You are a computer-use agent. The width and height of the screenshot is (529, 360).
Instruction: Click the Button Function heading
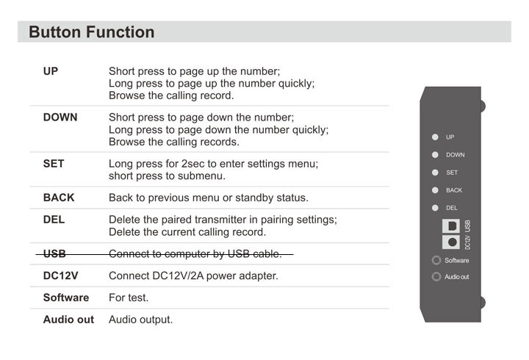tap(91, 32)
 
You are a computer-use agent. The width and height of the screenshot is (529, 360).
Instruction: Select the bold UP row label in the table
tap(51, 71)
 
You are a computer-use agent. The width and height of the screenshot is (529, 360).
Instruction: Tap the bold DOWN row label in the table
tap(60, 118)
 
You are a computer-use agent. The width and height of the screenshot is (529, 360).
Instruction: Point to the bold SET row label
tap(54, 164)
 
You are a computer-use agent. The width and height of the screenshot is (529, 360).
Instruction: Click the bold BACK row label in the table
tap(59, 198)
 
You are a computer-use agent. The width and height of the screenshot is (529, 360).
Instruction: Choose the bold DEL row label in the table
tap(54, 220)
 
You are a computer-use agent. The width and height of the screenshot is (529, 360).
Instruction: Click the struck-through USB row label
tap(54, 253)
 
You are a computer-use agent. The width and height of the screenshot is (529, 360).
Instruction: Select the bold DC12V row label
tap(61, 276)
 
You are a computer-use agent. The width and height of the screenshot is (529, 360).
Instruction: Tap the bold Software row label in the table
tap(66, 298)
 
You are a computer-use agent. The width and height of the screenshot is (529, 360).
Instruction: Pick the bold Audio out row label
tap(68, 320)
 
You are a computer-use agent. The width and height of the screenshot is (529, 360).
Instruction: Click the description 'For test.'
tap(129, 298)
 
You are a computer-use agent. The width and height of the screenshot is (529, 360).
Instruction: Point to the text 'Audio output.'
tap(140, 320)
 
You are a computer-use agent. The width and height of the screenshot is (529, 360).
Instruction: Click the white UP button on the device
tap(435, 137)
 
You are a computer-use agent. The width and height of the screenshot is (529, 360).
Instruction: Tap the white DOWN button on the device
tap(435, 154)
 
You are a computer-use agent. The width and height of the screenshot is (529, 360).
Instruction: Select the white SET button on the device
tap(435, 173)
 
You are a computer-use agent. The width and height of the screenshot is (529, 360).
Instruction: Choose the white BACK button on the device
tap(435, 190)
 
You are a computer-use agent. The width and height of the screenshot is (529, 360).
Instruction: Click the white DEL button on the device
tap(435, 208)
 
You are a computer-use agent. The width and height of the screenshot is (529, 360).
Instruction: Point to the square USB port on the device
tap(451, 226)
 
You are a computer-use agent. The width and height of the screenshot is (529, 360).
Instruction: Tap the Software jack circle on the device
tap(436, 260)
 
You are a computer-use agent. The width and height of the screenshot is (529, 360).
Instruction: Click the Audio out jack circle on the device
tap(436, 277)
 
